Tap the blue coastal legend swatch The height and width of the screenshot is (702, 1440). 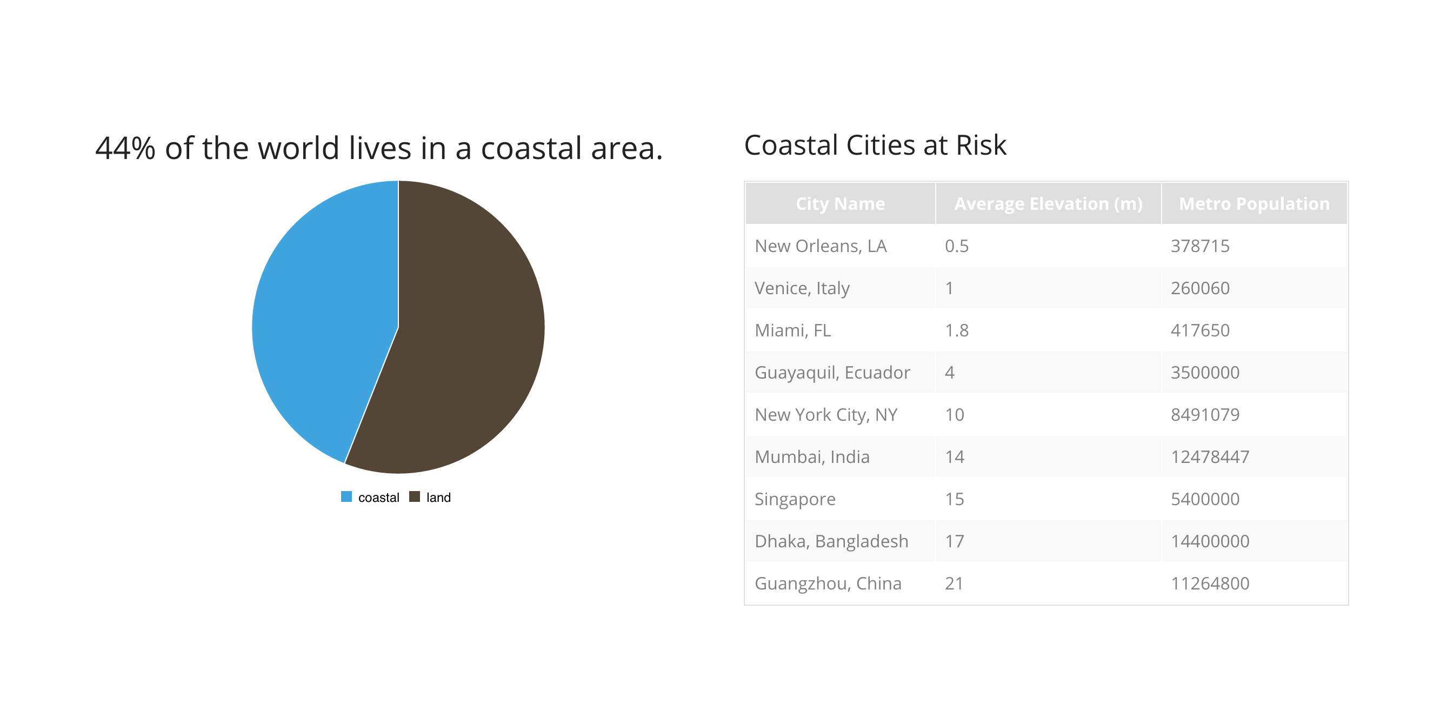click(346, 496)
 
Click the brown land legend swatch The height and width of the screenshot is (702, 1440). click(414, 496)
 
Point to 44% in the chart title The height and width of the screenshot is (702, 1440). click(125, 148)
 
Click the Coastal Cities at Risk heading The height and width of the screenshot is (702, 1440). click(875, 145)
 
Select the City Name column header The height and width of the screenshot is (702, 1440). click(839, 203)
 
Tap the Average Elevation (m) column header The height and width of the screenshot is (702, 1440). click(1048, 203)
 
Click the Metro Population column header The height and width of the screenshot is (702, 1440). click(1254, 203)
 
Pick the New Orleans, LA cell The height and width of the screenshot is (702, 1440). click(820, 246)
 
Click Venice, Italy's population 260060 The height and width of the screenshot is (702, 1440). click(1199, 288)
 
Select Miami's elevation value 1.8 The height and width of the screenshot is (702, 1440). click(956, 330)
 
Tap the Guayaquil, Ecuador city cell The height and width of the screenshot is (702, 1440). click(832, 373)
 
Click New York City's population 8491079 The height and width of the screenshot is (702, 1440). click(1205, 414)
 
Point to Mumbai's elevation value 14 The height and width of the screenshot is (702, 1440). click(954, 457)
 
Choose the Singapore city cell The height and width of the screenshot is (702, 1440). click(795, 499)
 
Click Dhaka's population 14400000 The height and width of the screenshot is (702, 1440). click(1210, 541)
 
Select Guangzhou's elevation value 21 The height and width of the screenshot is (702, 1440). click(954, 584)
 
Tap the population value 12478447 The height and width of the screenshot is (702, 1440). click(1210, 457)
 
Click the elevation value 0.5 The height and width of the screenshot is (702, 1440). click(956, 246)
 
